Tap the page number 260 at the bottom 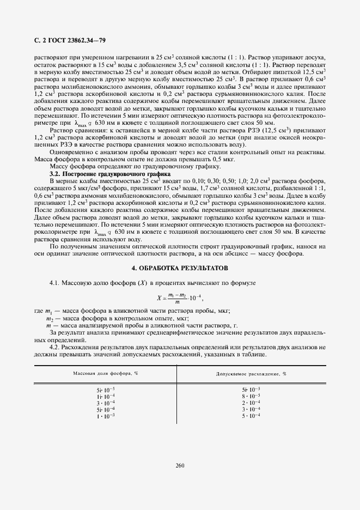pyautogui.click(x=180, y=465)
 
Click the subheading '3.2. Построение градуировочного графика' pyautogui.click(x=95, y=173)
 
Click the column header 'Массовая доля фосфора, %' pyautogui.click(x=106, y=373)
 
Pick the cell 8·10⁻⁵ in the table pyautogui.click(x=251, y=396)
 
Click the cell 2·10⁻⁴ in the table pyautogui.click(x=251, y=403)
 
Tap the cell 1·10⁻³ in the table pyautogui.click(x=106, y=416)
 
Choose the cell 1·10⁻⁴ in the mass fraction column pyautogui.click(x=106, y=396)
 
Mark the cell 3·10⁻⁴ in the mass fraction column pyautogui.click(x=106, y=403)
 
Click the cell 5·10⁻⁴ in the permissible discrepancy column pyautogui.click(x=251, y=416)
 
